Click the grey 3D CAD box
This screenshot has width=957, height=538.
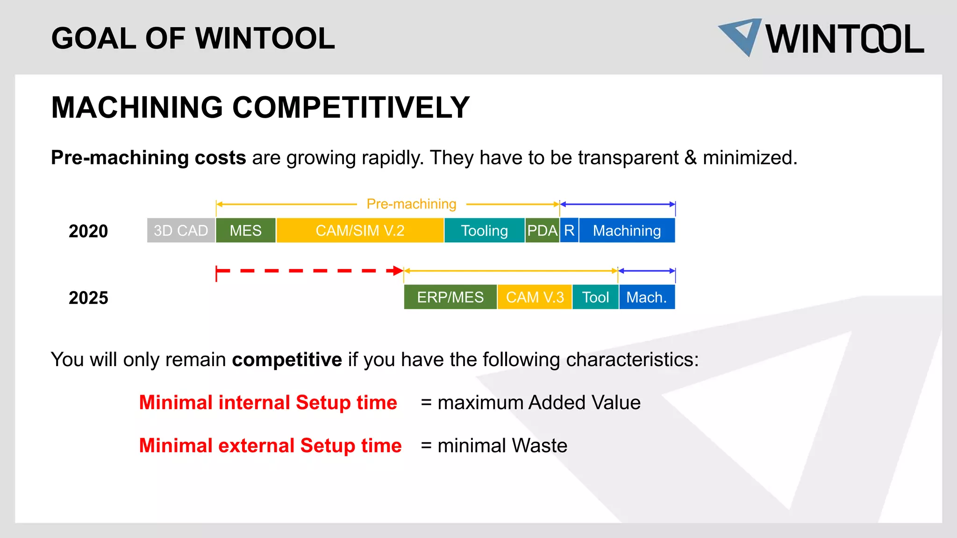click(x=181, y=230)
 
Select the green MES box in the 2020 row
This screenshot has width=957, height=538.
click(x=246, y=230)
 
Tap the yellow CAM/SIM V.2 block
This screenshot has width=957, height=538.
click(x=360, y=230)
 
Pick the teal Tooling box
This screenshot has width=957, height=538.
click(x=484, y=230)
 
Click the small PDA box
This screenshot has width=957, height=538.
click(x=542, y=230)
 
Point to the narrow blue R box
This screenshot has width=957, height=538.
click(x=569, y=230)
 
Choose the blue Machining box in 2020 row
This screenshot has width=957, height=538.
click(x=627, y=230)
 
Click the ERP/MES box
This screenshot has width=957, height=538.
click(x=450, y=297)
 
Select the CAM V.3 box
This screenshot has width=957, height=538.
click(x=535, y=297)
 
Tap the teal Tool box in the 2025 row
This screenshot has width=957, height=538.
click(x=595, y=297)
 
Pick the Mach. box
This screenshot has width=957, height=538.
click(x=647, y=297)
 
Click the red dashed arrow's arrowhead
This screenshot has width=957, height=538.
click(x=398, y=271)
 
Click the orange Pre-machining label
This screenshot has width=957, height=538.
click(x=411, y=204)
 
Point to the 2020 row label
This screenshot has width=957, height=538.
click(x=88, y=231)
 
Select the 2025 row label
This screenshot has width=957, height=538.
click(x=88, y=298)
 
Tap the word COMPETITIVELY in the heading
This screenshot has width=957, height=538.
click(x=350, y=107)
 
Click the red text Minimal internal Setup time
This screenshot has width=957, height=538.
click(x=268, y=403)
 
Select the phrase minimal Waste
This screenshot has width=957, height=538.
click(x=502, y=446)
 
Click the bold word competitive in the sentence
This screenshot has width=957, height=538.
click(x=287, y=360)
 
